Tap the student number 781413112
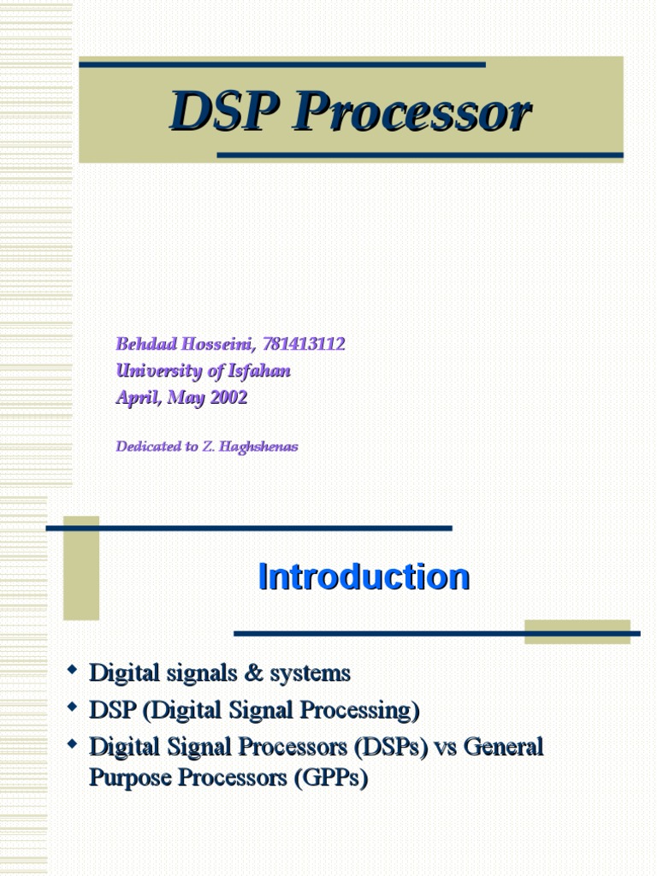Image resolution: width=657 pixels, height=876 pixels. coord(293,344)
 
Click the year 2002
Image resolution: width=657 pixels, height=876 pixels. coord(228,397)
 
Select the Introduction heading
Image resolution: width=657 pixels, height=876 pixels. coord(364,577)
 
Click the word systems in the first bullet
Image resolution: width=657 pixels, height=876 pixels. coord(310,674)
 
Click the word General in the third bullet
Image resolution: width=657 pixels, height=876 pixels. coord(505,747)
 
